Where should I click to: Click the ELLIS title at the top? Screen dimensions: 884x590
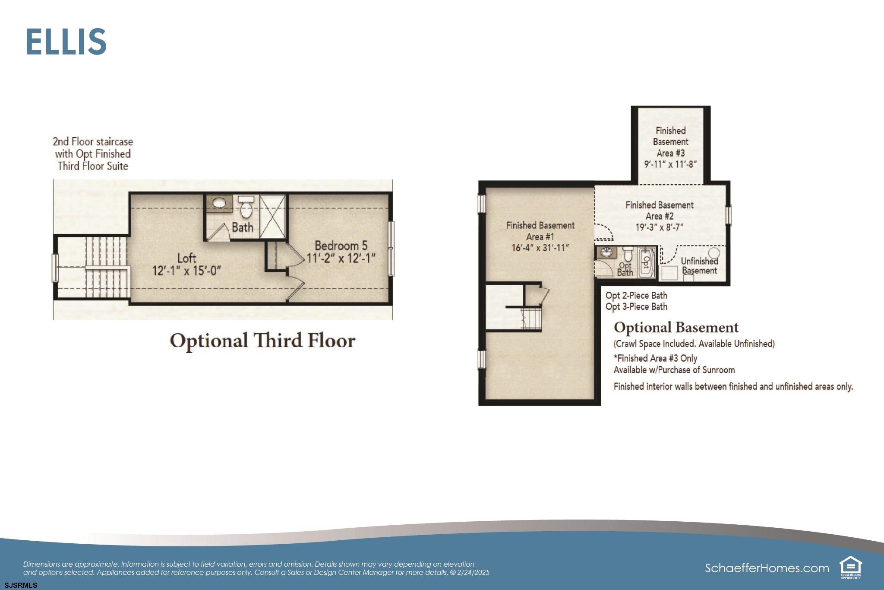[x=66, y=41]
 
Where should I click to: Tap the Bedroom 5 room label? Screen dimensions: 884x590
[x=341, y=246]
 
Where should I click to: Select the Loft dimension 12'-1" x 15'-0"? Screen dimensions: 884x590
[x=186, y=271]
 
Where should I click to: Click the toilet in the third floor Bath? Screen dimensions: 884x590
[x=246, y=207]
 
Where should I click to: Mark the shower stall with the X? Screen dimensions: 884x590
[x=273, y=216]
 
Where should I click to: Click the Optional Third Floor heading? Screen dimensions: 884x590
[x=262, y=341]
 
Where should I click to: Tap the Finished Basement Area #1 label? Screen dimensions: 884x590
[x=540, y=231]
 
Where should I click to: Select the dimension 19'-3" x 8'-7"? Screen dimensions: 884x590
[x=659, y=227]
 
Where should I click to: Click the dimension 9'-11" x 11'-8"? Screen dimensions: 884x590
[x=670, y=164]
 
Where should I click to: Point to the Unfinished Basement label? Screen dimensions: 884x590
[x=699, y=266]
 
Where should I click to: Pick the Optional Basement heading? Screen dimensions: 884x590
[x=676, y=328]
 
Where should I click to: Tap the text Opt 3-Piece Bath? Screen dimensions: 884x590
[x=636, y=307]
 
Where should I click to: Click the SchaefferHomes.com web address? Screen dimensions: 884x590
[x=767, y=568]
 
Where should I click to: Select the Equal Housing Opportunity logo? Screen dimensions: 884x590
[x=851, y=568]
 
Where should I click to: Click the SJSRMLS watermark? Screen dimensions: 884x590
[x=21, y=586]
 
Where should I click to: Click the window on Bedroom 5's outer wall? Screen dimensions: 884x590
[x=391, y=249]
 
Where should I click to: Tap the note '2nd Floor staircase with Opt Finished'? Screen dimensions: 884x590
[x=93, y=147]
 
